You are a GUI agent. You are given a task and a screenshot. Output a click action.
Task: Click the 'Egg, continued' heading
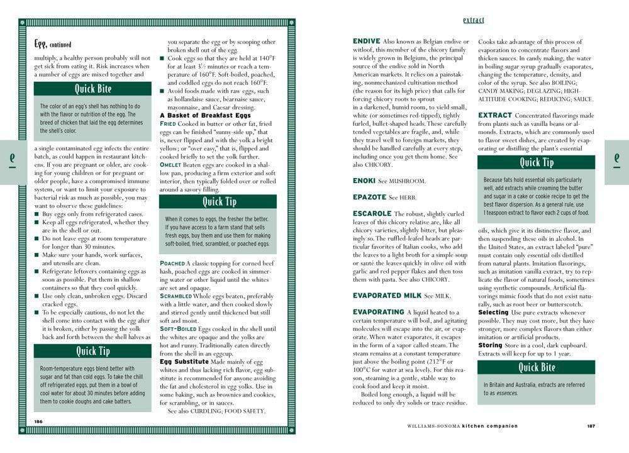tap(53, 44)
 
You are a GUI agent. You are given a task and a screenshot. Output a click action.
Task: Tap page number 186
tap(38, 421)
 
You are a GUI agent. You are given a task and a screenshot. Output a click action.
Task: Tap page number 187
tap(591, 426)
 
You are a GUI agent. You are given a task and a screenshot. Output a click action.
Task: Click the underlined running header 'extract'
tap(473, 20)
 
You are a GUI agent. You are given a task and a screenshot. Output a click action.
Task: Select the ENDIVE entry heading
tap(366, 42)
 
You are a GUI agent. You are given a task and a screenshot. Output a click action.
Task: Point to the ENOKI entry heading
tap(364, 181)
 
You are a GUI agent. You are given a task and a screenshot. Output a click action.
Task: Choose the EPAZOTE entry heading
tap(369, 197)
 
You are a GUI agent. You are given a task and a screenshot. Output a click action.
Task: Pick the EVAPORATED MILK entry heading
tap(386, 295)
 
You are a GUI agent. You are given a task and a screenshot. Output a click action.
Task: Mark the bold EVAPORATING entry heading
tap(378, 311)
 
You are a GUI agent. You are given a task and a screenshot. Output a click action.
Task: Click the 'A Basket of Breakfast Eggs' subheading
tap(205, 115)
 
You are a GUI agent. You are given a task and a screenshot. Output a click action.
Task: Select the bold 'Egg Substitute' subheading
tap(184, 362)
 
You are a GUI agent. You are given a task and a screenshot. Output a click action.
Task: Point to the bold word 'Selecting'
tap(493, 312)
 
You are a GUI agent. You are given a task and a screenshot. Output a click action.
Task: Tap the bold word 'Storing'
tap(490, 345)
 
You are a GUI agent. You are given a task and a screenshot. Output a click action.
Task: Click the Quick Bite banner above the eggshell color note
tap(92, 89)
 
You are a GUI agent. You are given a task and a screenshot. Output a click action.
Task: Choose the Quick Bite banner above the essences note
tap(536, 367)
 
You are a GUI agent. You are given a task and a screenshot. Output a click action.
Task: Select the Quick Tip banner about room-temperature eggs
tap(92, 351)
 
